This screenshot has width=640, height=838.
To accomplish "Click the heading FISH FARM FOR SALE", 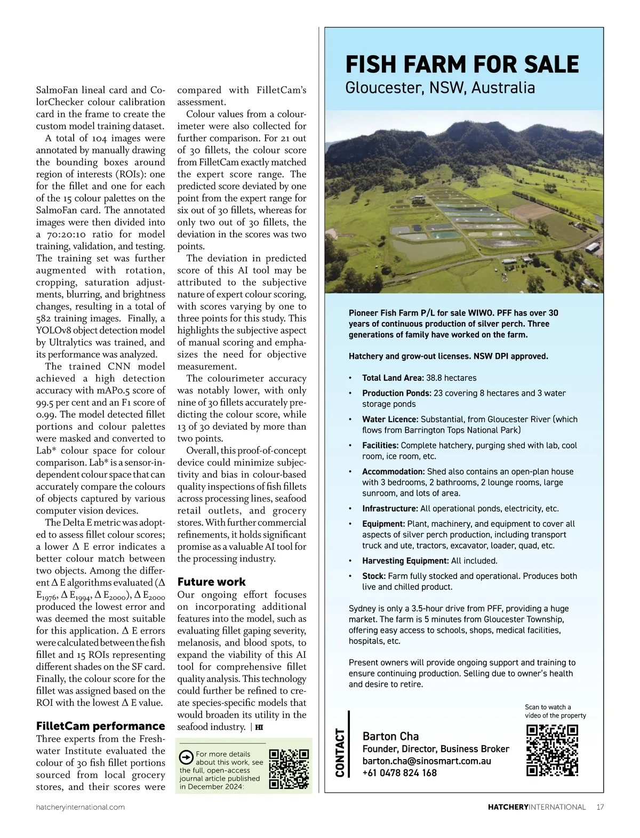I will (x=462, y=65).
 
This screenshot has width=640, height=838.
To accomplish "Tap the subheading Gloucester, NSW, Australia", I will (x=440, y=87).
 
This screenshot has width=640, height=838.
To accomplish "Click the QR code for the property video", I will (x=552, y=750).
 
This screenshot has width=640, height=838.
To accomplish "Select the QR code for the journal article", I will (x=289, y=769).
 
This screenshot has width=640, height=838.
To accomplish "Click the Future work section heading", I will (x=211, y=582).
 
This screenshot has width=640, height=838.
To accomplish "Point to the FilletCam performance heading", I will (x=100, y=726).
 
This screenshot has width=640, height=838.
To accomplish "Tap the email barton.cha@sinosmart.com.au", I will (x=427, y=761).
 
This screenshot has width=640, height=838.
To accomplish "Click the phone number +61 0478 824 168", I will (x=399, y=773).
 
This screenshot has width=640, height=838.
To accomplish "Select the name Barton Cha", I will (x=390, y=736).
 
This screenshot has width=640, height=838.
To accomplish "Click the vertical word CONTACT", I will (x=339, y=752).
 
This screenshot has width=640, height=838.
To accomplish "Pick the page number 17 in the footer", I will (x=600, y=807).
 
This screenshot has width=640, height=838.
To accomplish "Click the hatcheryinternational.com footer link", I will (x=81, y=807).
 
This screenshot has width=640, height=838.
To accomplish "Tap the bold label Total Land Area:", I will (x=393, y=378).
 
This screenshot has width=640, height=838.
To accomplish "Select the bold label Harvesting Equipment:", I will (x=405, y=561).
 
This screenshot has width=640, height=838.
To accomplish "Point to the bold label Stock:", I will (x=373, y=576).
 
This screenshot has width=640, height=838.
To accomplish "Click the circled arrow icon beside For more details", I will (x=186, y=758).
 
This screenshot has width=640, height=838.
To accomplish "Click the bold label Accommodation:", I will (x=393, y=472).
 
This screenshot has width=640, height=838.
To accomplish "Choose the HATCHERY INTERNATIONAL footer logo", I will (x=537, y=807).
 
